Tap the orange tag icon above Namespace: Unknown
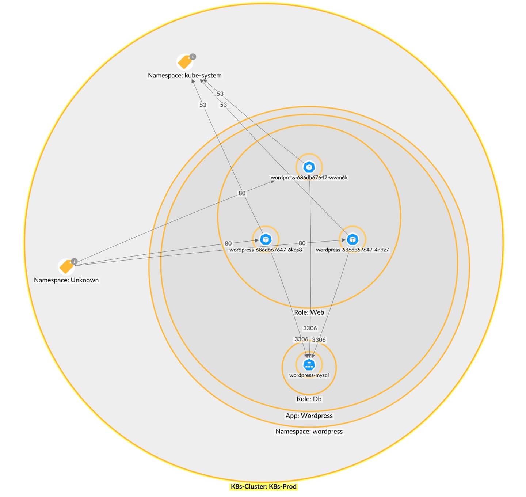(66, 267)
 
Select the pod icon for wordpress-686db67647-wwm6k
(309, 167)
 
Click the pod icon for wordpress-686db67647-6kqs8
(266, 240)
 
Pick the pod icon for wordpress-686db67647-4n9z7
(352, 240)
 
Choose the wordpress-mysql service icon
(309, 365)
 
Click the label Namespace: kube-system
(184, 75)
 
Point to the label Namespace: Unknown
(66, 280)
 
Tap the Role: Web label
(309, 312)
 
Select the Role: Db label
(309, 399)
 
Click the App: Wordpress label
(309, 416)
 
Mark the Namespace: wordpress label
(309, 432)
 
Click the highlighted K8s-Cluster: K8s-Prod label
(263, 487)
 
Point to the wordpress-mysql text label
(309, 375)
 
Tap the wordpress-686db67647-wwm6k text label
(309, 178)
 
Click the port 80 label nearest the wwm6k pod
(242, 193)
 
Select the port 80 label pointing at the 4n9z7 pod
(302, 243)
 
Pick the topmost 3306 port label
(310, 328)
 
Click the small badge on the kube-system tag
(193, 57)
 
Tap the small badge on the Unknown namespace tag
(74, 261)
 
